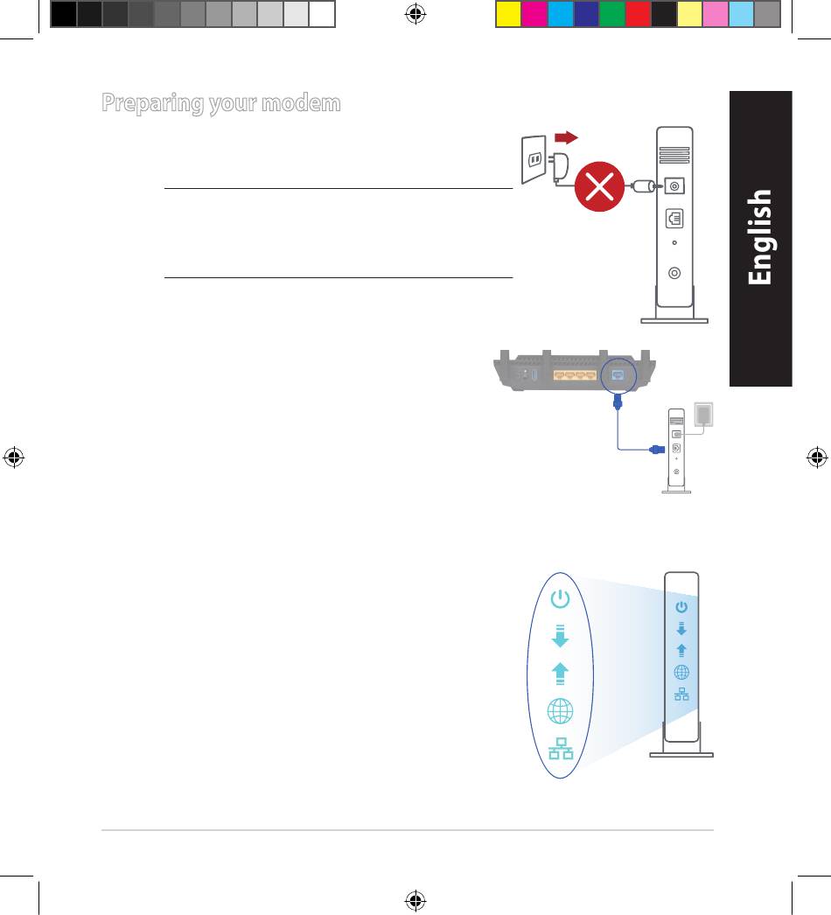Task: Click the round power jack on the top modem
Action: click(x=673, y=185)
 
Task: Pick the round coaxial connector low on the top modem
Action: click(x=673, y=272)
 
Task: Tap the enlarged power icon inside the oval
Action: click(x=560, y=600)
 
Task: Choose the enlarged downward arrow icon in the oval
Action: click(x=560, y=635)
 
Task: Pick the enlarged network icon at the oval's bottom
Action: click(x=560, y=750)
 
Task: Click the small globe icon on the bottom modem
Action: click(x=681, y=672)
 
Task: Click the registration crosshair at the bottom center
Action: click(x=416, y=900)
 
